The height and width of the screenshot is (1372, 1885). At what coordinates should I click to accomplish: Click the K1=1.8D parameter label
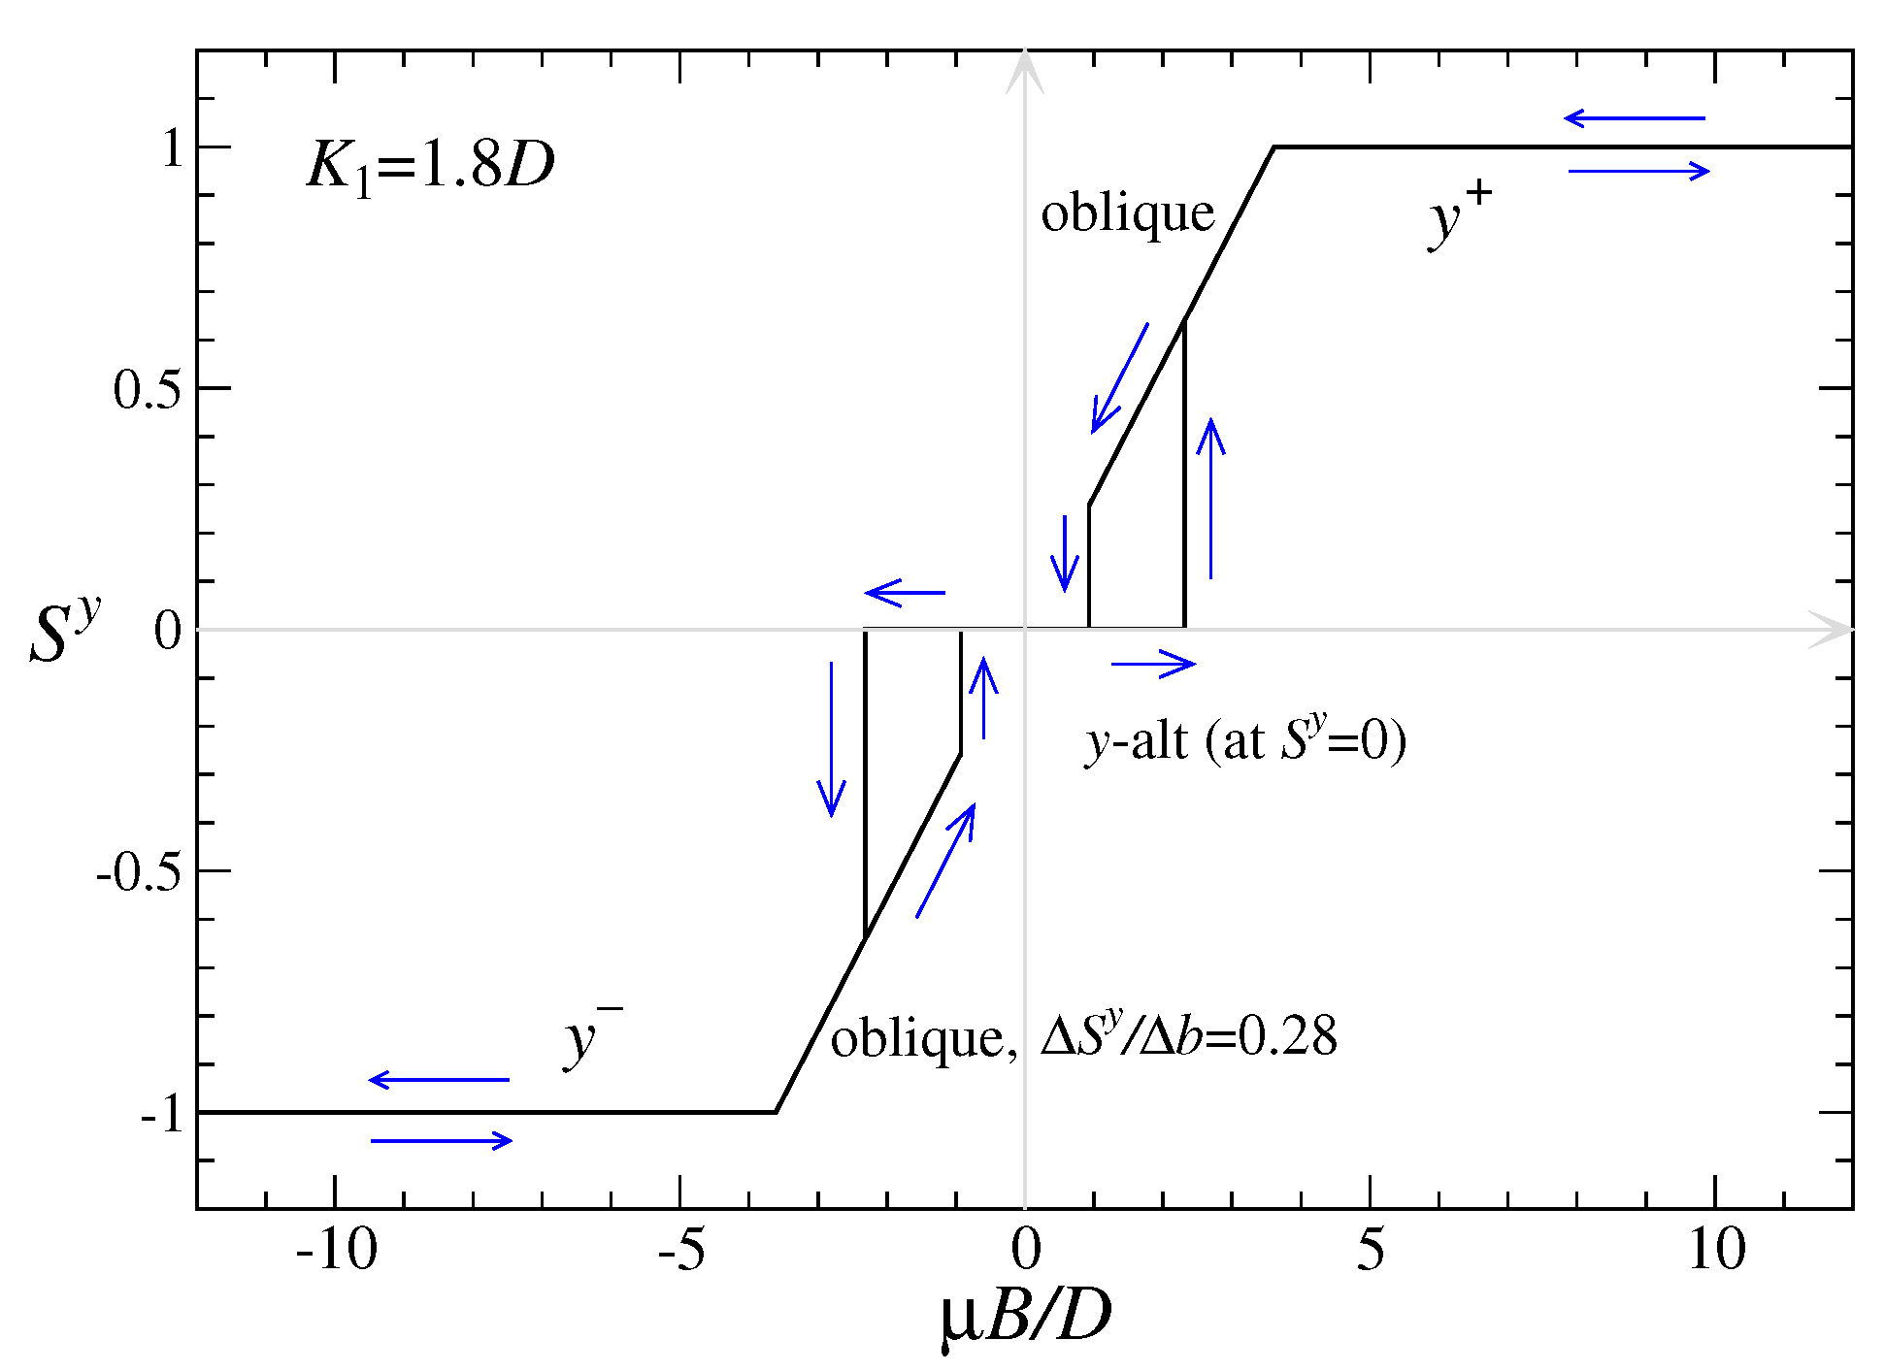[x=430, y=165]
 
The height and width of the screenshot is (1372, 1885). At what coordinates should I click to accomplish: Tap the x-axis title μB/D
[x=1025, y=1318]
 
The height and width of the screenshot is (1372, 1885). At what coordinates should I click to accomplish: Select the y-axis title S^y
[x=64, y=631]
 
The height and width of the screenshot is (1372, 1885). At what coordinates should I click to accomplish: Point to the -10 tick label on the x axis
[x=336, y=1249]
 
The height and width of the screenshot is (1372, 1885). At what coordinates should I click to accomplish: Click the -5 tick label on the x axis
[x=681, y=1249]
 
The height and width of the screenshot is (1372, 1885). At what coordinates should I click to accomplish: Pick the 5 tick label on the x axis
[x=1370, y=1249]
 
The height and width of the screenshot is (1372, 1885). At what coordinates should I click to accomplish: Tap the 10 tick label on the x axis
[x=1715, y=1249]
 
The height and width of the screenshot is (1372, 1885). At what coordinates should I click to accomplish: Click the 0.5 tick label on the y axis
[x=147, y=390]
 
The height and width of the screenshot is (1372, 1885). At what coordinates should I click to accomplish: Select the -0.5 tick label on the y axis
[x=139, y=872]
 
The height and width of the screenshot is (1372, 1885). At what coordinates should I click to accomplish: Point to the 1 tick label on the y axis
[x=173, y=148]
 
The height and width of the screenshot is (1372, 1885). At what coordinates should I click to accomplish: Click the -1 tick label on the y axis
[x=162, y=1114]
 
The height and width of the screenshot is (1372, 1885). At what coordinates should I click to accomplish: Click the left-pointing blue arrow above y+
[x=1635, y=118]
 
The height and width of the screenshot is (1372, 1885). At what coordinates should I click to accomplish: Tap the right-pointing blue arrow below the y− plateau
[x=442, y=1140]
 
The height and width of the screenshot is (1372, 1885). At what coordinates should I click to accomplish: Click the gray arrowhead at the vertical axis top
[x=1025, y=73]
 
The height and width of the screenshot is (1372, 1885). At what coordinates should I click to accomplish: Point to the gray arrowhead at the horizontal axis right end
[x=1829, y=630]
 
